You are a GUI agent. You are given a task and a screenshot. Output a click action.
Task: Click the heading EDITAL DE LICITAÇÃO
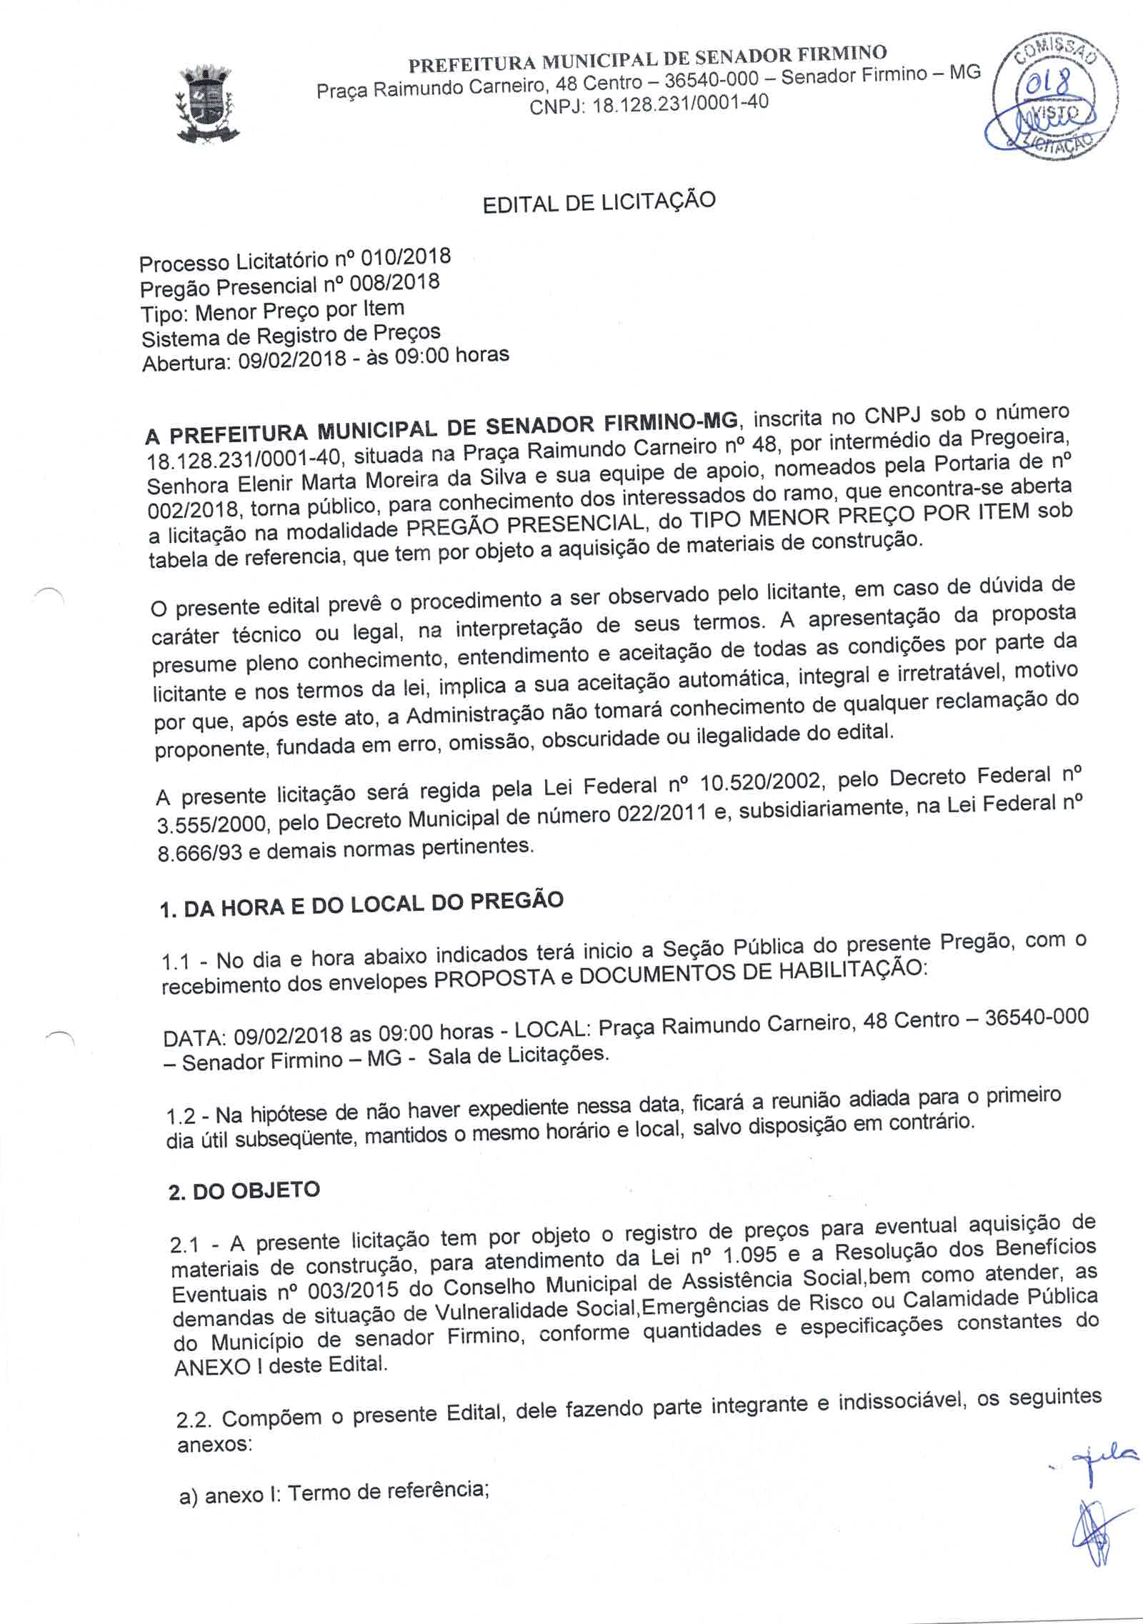tap(599, 202)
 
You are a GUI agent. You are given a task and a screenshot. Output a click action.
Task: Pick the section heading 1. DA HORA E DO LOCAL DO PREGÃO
tap(363, 903)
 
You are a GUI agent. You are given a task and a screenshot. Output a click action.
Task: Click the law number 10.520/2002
tap(763, 784)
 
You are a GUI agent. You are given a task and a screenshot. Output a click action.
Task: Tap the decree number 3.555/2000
tap(213, 826)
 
